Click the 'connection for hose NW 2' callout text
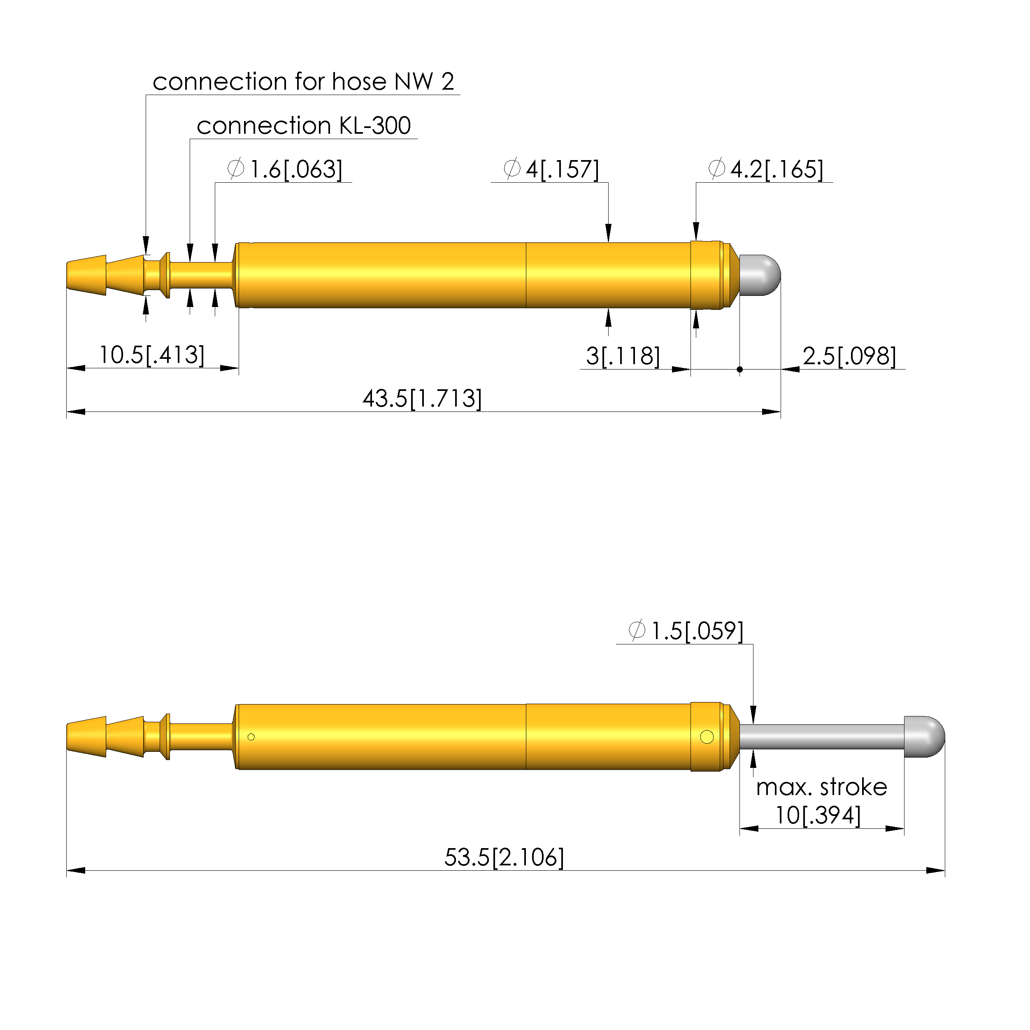click(x=303, y=81)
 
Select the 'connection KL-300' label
click(x=303, y=126)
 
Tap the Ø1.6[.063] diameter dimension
click(x=285, y=169)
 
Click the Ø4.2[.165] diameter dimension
click(x=765, y=169)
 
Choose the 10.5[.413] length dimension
click(x=152, y=355)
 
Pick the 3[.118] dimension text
click(x=623, y=356)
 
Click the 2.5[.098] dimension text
click(x=849, y=356)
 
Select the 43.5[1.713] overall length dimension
click(x=422, y=399)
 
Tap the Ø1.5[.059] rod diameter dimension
click(x=686, y=631)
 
